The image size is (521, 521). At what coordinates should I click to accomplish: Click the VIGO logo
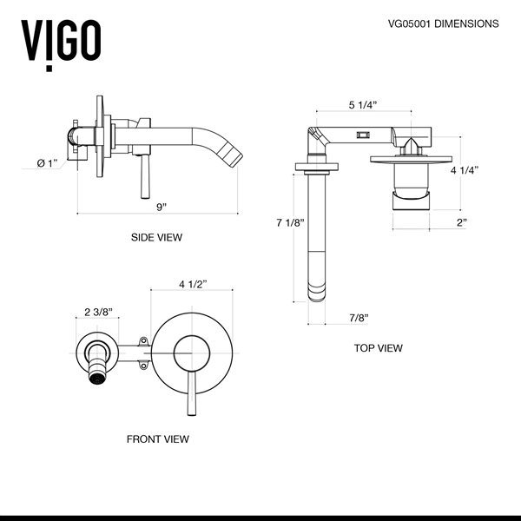click(x=60, y=38)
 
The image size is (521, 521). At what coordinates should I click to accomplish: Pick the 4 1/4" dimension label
click(x=465, y=171)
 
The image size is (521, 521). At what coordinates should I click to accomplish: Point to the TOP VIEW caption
click(x=378, y=348)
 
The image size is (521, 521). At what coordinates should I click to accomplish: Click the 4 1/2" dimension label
click(x=193, y=284)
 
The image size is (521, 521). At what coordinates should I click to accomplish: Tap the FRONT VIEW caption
click(x=157, y=439)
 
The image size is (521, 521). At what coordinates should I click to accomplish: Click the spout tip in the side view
click(x=234, y=157)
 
